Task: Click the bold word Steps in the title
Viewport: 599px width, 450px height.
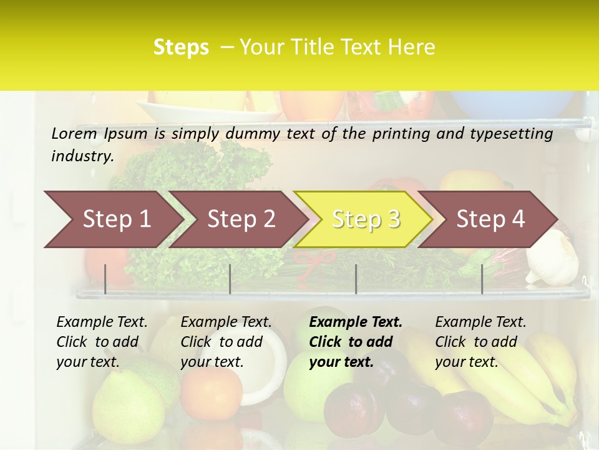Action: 181,47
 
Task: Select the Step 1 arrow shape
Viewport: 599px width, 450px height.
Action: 112,219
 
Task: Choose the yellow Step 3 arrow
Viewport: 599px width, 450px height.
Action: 365,219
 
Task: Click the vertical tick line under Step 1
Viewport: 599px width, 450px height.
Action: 105,279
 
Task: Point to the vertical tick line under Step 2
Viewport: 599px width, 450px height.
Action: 230,279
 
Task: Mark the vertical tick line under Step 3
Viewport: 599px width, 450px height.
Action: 356,279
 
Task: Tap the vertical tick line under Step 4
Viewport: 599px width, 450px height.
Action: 482,279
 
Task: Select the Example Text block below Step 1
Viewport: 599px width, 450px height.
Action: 101,342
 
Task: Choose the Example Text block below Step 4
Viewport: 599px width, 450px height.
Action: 480,342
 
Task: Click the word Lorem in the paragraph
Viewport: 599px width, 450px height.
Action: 74,133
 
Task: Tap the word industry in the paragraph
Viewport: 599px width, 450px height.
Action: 82,156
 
